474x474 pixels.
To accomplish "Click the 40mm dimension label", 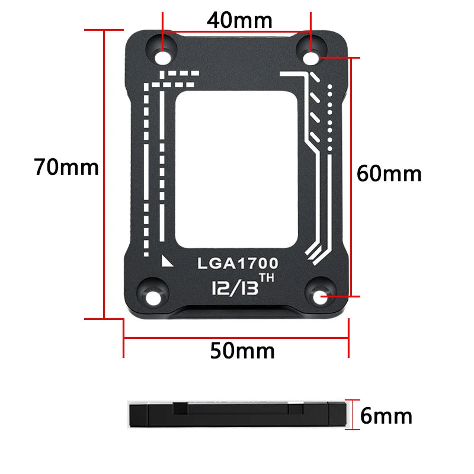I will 239,20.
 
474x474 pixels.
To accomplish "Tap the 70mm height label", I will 66,167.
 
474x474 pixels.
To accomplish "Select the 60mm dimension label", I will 389,174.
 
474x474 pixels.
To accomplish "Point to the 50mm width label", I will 242,351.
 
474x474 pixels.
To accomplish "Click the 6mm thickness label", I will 386,416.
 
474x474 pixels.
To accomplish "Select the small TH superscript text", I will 270,278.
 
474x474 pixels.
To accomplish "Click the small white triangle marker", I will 166,261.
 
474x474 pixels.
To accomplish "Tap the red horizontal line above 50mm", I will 236,339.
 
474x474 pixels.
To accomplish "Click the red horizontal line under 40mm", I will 237,32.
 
